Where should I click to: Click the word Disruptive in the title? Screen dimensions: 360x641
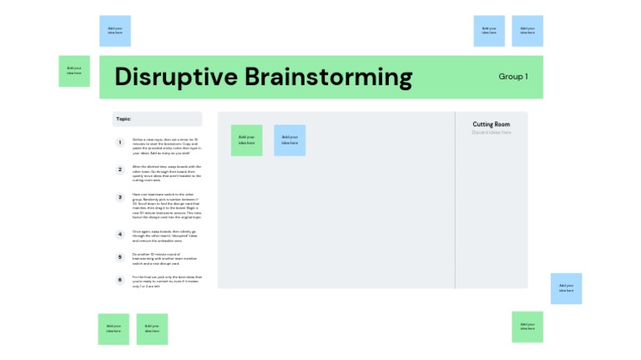176,77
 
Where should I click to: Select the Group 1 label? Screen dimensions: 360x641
512,77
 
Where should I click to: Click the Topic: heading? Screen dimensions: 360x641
124,119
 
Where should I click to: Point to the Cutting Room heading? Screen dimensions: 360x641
491,124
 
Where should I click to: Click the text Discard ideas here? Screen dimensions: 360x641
491,132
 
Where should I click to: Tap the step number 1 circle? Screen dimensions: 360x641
120,143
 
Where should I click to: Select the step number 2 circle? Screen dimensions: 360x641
120,170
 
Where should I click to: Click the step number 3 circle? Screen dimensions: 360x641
120,198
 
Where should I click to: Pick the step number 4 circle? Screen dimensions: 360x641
120,235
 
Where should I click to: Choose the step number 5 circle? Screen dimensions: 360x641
120,257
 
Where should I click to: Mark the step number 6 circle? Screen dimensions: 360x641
120,280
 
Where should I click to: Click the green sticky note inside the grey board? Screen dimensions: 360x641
246,140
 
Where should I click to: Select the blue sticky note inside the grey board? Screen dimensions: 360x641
290,140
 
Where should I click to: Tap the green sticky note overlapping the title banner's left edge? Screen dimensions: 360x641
74,71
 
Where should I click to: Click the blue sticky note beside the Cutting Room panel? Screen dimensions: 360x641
566,288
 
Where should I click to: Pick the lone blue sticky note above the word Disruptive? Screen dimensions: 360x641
115,31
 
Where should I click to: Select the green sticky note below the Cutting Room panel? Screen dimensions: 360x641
527,327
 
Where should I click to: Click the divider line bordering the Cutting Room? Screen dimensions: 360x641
455,200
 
